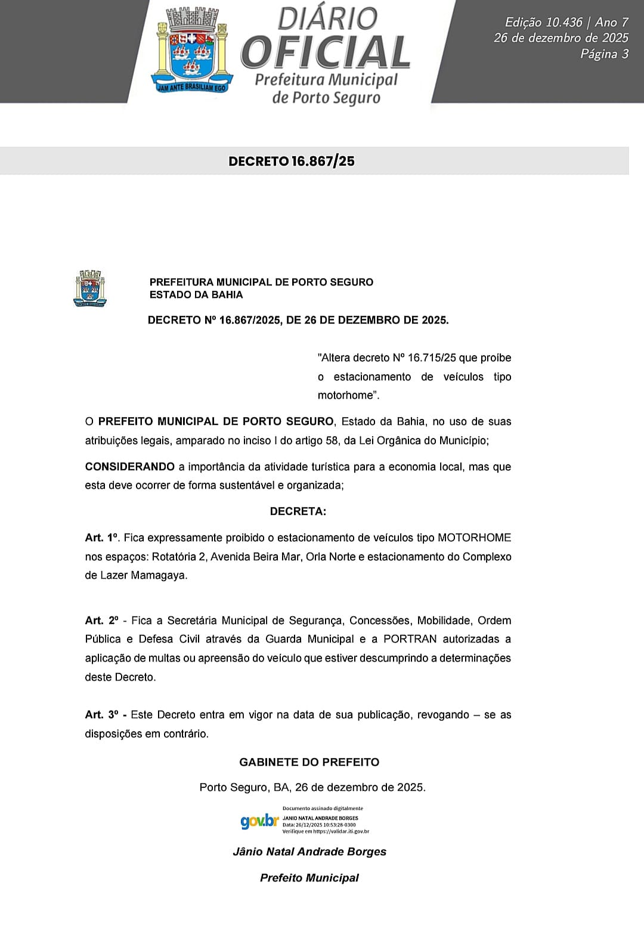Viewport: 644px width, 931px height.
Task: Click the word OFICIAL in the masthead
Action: coord(326,52)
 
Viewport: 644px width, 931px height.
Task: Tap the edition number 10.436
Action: coord(560,23)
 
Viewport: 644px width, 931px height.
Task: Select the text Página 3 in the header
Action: coord(604,54)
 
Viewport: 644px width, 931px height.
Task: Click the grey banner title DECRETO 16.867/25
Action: coord(292,162)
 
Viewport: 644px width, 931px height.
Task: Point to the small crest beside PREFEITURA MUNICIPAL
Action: coord(89,288)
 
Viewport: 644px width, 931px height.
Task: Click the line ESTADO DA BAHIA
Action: coord(196,294)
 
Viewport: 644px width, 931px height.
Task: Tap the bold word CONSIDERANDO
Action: coord(130,467)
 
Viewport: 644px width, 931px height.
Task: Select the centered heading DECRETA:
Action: coord(298,511)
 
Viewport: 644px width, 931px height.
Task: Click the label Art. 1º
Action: coord(103,538)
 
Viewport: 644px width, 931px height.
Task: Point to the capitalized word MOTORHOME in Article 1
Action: coord(474,538)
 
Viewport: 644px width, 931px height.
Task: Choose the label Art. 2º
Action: coord(102,620)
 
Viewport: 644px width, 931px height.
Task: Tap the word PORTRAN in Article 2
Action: coord(410,639)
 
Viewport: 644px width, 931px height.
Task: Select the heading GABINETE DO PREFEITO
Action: coord(309,762)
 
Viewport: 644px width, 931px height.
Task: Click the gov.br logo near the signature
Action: coord(259,821)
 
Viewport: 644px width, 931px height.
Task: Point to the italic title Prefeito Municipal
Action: coord(309,878)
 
